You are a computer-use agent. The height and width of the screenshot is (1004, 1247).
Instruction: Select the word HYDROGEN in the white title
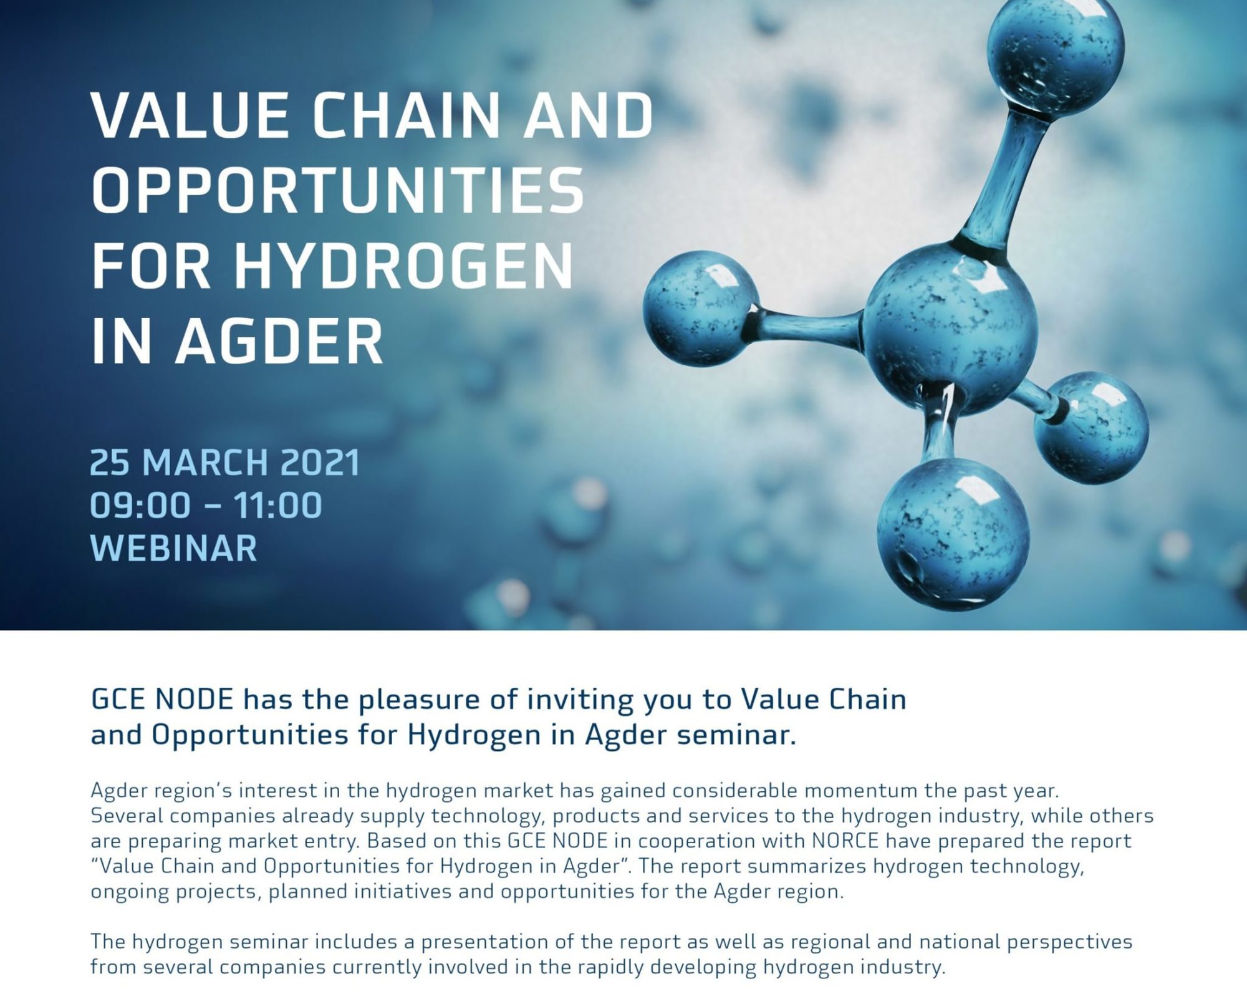tap(404, 266)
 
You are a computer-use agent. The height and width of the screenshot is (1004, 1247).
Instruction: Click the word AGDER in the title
tap(279, 341)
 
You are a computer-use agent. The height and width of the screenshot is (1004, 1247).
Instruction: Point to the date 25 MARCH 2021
tap(225, 463)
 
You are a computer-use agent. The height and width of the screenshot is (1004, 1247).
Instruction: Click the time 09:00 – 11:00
tap(206, 505)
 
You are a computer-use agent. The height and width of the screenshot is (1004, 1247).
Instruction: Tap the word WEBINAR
tap(173, 548)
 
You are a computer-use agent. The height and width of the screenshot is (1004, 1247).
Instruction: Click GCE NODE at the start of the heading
tap(162, 700)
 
